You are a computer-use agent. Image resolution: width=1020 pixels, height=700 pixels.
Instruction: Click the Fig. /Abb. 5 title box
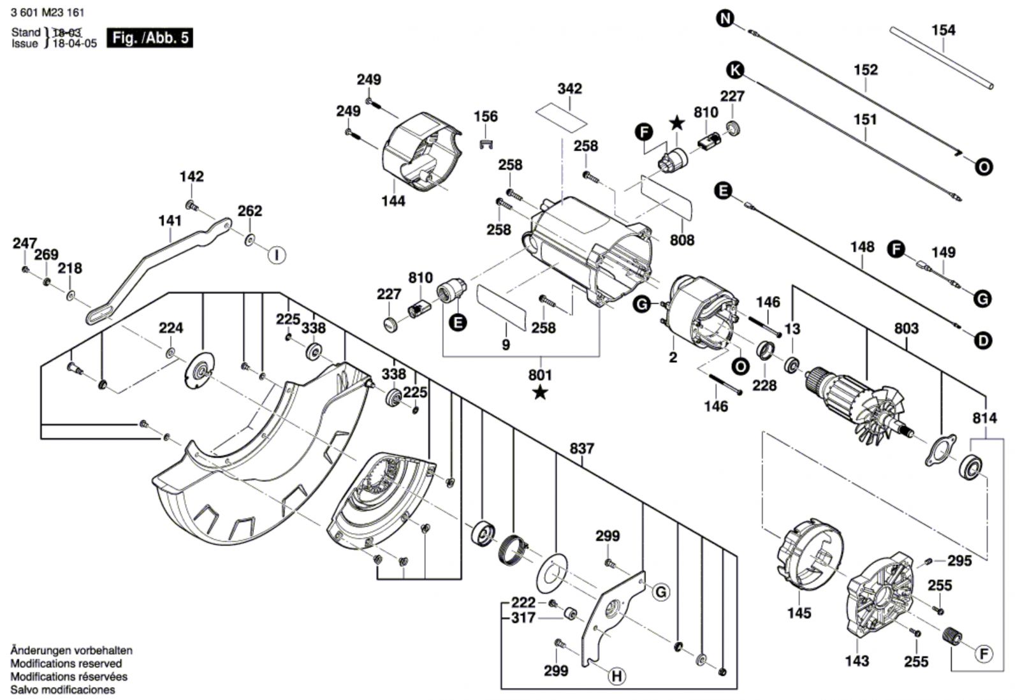(149, 38)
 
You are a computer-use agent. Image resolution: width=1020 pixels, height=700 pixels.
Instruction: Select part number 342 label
(569, 89)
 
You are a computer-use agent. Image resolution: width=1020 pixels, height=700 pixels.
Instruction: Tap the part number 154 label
(943, 30)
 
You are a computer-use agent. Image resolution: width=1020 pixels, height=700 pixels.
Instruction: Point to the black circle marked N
(725, 18)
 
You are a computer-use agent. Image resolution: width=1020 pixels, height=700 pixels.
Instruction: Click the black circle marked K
(736, 69)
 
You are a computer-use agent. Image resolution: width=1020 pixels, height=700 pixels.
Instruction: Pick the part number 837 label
(581, 449)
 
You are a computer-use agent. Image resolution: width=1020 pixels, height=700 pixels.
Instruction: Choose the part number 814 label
(985, 418)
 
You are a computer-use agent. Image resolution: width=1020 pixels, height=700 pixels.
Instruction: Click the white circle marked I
(276, 255)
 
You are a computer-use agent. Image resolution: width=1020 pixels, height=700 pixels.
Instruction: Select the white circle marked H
(616, 676)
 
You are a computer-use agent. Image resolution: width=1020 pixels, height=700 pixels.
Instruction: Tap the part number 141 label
(170, 221)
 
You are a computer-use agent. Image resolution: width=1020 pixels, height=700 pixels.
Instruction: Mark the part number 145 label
(799, 613)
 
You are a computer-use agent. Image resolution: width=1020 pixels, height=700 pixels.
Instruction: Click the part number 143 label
(857, 660)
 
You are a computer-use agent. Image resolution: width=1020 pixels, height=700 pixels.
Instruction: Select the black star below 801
(540, 393)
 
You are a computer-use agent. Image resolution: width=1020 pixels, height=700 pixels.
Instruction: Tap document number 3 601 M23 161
(48, 13)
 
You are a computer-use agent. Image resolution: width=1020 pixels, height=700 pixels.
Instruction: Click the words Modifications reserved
(66, 664)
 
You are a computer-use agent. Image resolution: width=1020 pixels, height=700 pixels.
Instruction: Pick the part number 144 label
(393, 201)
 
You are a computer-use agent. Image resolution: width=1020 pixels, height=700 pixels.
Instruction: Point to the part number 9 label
(506, 345)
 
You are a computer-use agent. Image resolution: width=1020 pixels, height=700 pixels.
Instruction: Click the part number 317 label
(523, 618)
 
